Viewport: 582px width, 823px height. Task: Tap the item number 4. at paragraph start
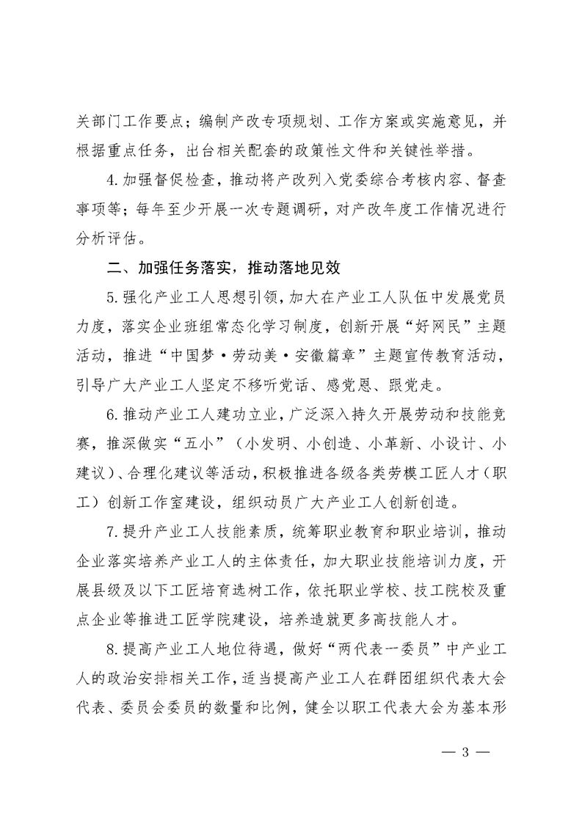112,179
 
